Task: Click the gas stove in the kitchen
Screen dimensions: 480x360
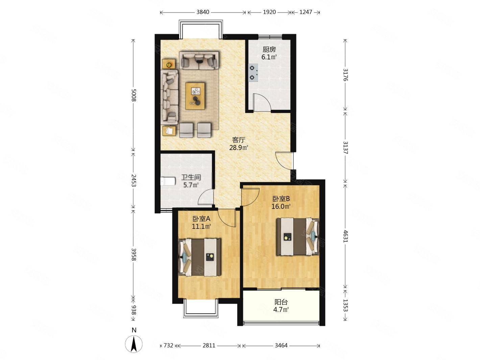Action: pyautogui.click(x=253, y=72)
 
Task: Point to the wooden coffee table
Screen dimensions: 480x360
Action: pyautogui.click(x=195, y=96)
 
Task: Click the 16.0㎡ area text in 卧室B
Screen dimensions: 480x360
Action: pyautogui.click(x=281, y=206)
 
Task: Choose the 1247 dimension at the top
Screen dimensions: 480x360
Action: pyautogui.click(x=306, y=12)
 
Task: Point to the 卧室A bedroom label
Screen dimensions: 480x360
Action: pyautogui.click(x=201, y=218)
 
